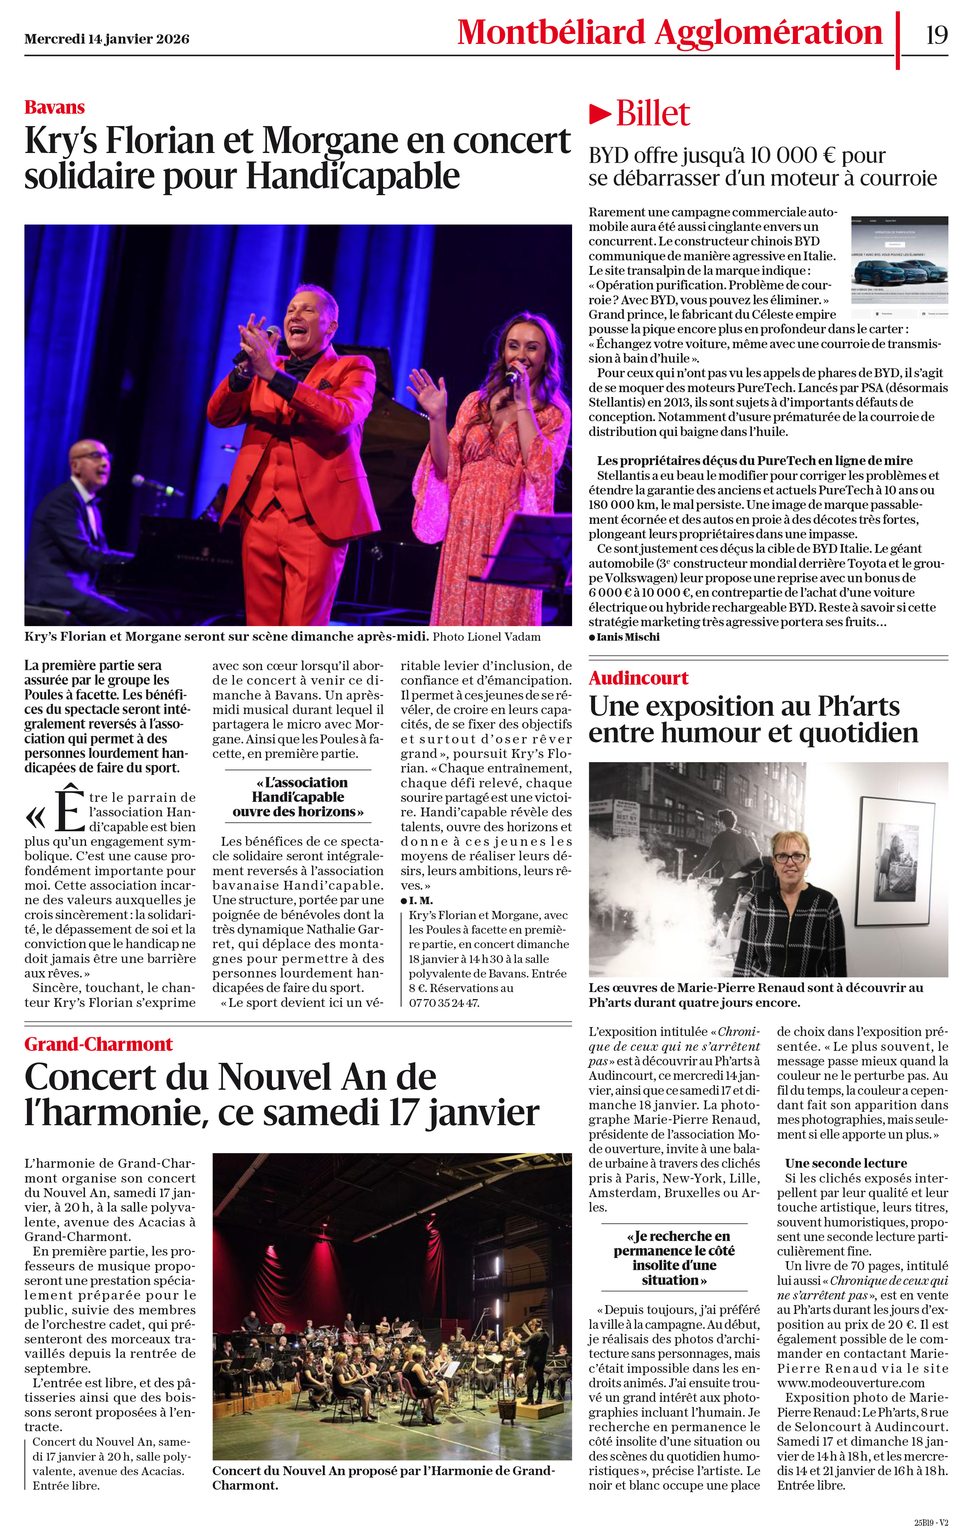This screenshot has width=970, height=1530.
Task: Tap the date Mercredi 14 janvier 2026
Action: pyautogui.click(x=107, y=39)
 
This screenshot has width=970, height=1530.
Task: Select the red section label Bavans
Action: pyautogui.click(x=55, y=107)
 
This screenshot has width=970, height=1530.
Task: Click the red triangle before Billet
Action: pyautogui.click(x=600, y=114)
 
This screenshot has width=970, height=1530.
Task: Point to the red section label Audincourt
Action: pyautogui.click(x=638, y=678)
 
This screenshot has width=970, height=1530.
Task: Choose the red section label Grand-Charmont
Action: pyautogui.click(x=98, y=1044)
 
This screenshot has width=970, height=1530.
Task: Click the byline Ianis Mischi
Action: pyautogui.click(x=628, y=637)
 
